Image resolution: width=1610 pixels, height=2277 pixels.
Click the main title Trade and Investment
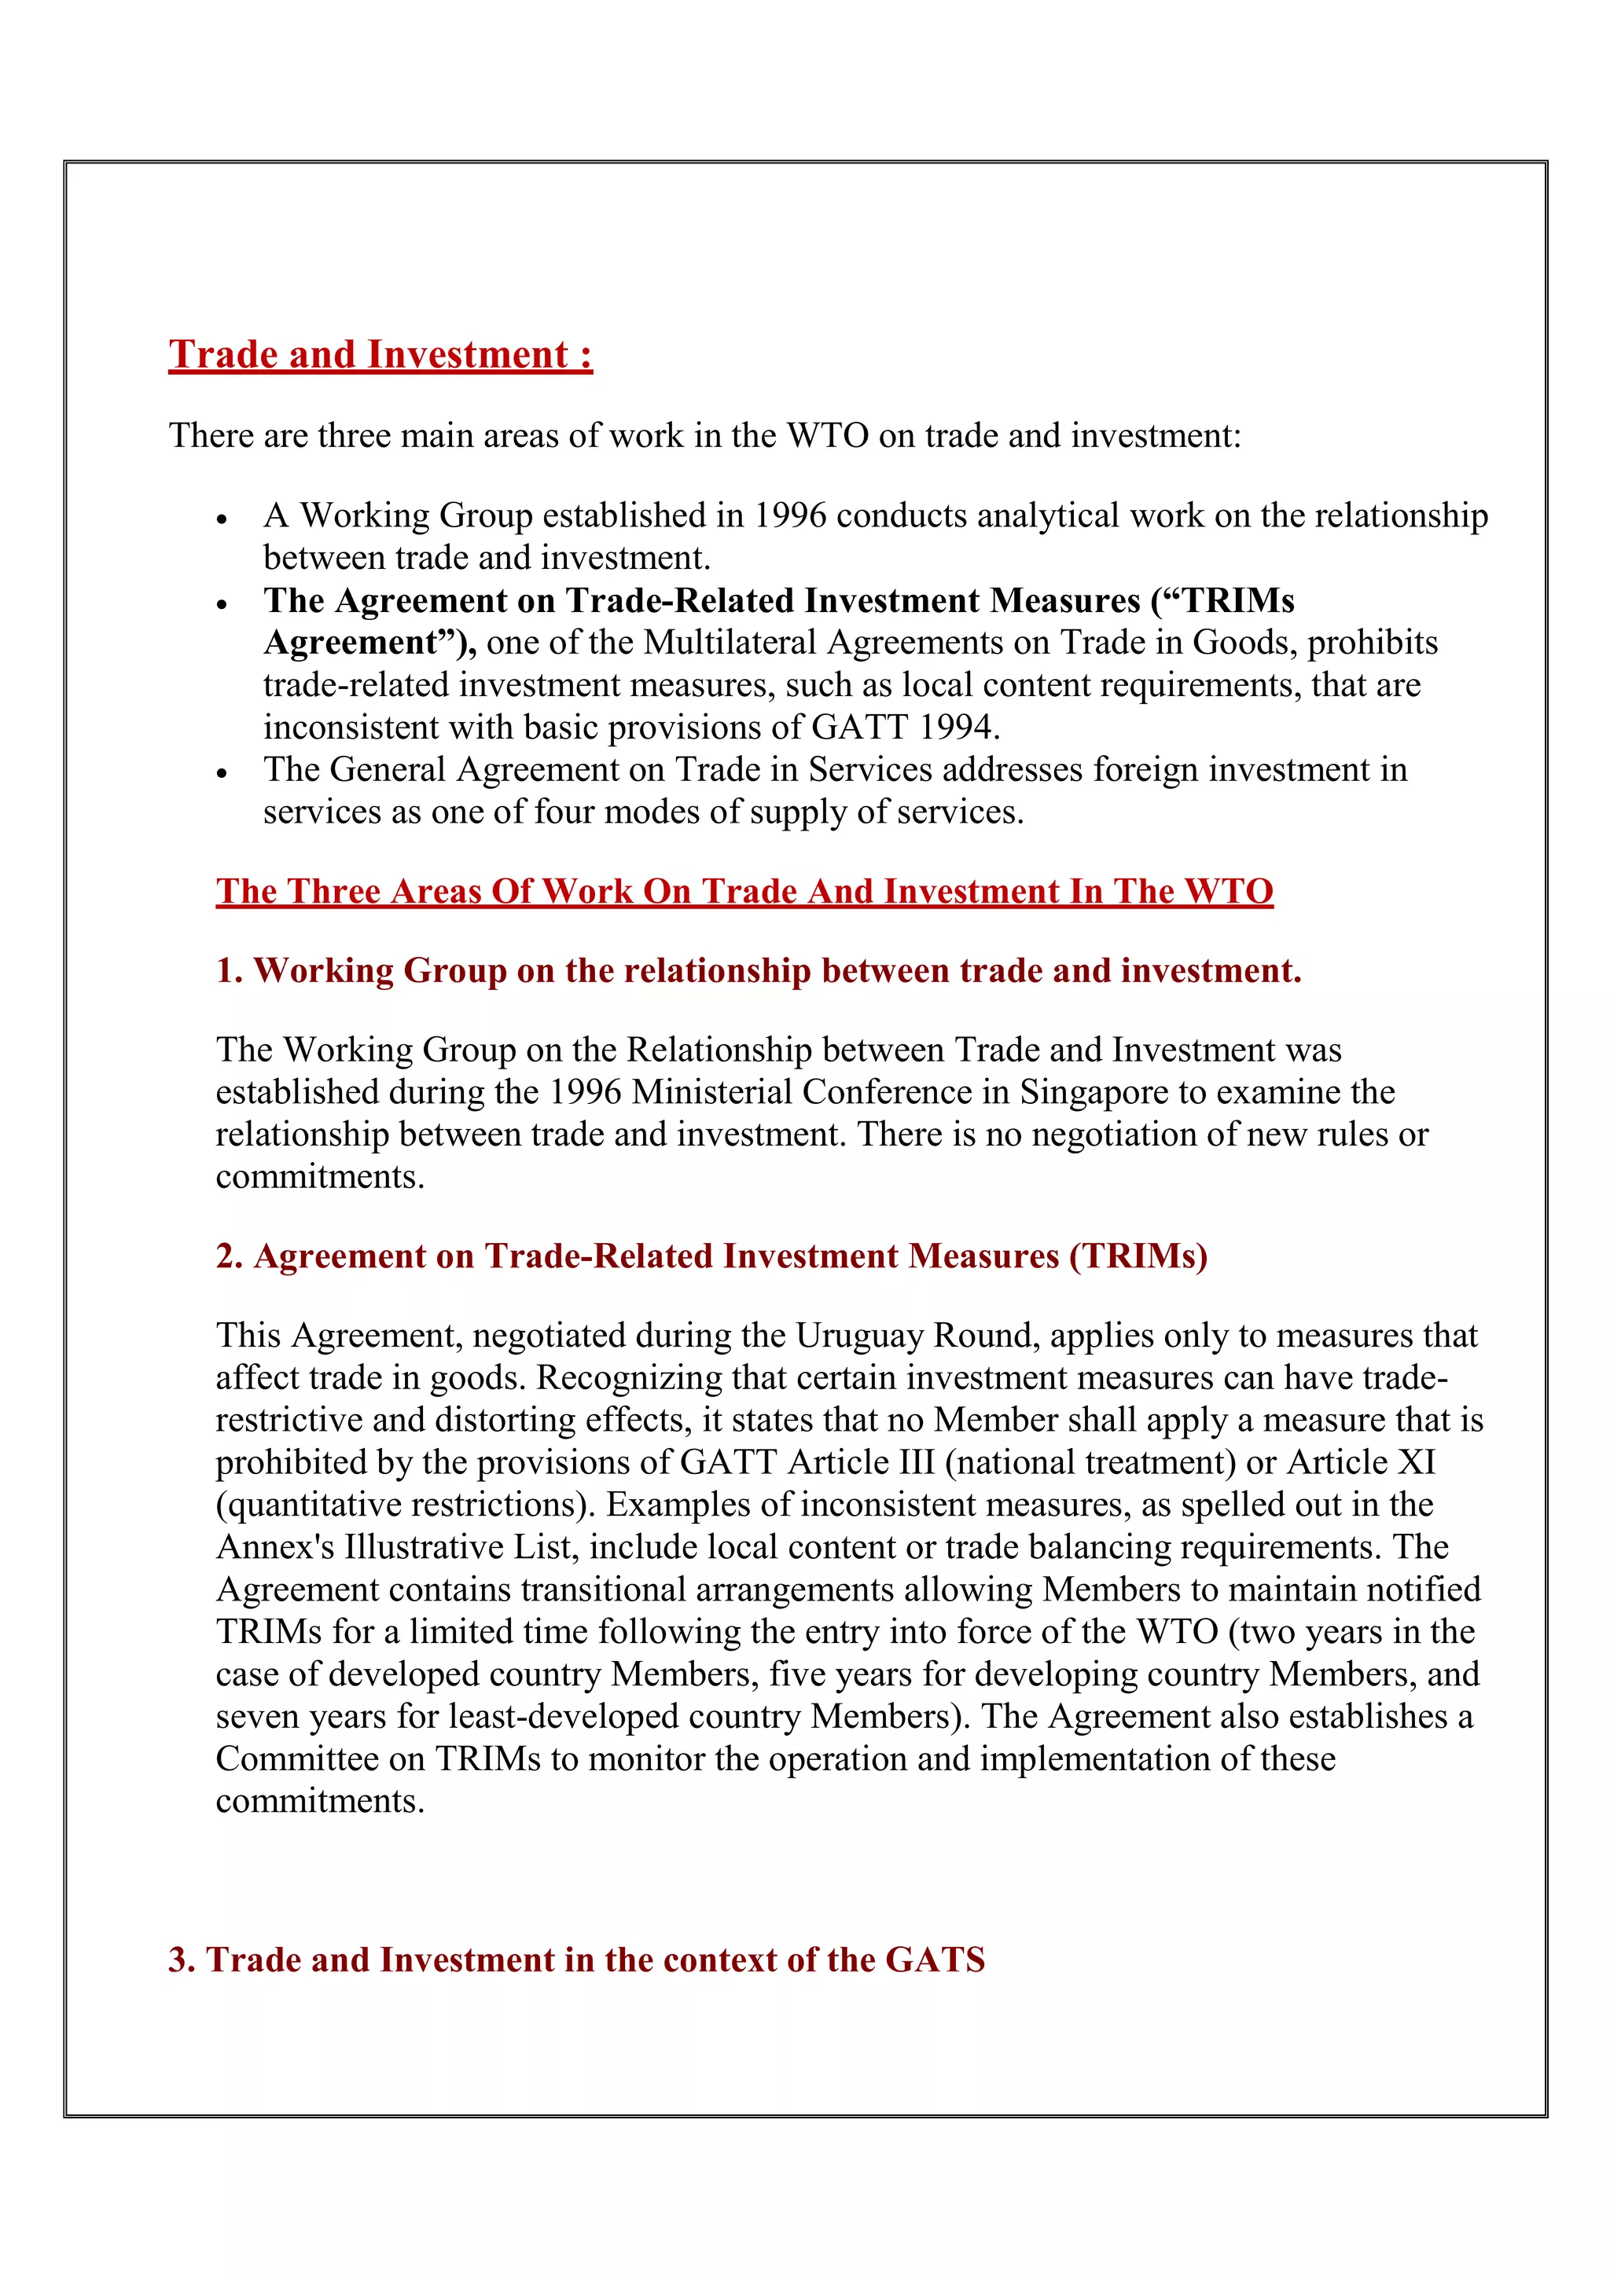tap(380, 355)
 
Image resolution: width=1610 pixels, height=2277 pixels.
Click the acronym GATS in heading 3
tap(935, 1960)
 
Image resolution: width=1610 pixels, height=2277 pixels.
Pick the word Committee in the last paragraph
tap(296, 1758)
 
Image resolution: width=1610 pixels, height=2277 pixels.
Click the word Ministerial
tap(712, 1092)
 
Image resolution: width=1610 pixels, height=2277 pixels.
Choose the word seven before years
tap(257, 1717)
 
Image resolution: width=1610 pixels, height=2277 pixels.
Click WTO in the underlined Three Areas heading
tap(1228, 892)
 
